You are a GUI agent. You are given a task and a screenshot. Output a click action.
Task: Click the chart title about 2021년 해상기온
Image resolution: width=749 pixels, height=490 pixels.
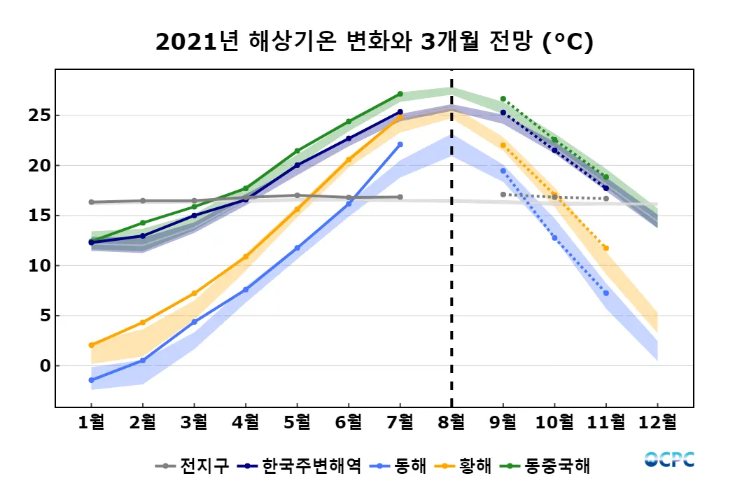(374, 43)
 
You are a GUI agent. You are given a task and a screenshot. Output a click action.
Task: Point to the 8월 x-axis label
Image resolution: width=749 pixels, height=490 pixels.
(451, 423)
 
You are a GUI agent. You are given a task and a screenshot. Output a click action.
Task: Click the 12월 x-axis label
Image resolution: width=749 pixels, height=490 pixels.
(657, 423)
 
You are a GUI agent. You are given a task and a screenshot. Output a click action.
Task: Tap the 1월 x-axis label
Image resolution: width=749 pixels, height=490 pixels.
(92, 423)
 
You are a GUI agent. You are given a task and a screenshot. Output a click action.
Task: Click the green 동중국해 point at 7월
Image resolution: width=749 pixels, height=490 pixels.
(400, 94)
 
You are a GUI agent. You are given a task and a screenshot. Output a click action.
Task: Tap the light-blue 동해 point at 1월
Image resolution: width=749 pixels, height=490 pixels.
(92, 380)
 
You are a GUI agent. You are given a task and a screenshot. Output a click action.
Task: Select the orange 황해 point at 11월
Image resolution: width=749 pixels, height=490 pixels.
(605, 248)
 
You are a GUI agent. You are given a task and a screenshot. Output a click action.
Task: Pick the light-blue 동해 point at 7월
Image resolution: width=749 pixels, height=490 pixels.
(400, 144)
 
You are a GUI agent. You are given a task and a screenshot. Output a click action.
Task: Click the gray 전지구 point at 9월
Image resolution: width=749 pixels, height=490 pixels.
(503, 194)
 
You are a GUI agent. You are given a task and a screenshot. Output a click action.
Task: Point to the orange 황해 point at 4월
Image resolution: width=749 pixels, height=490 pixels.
(246, 256)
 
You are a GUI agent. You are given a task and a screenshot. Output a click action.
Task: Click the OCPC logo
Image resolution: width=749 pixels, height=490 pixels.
(669, 460)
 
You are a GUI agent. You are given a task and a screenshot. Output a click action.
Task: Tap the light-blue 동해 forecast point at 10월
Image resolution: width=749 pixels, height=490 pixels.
(554, 238)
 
